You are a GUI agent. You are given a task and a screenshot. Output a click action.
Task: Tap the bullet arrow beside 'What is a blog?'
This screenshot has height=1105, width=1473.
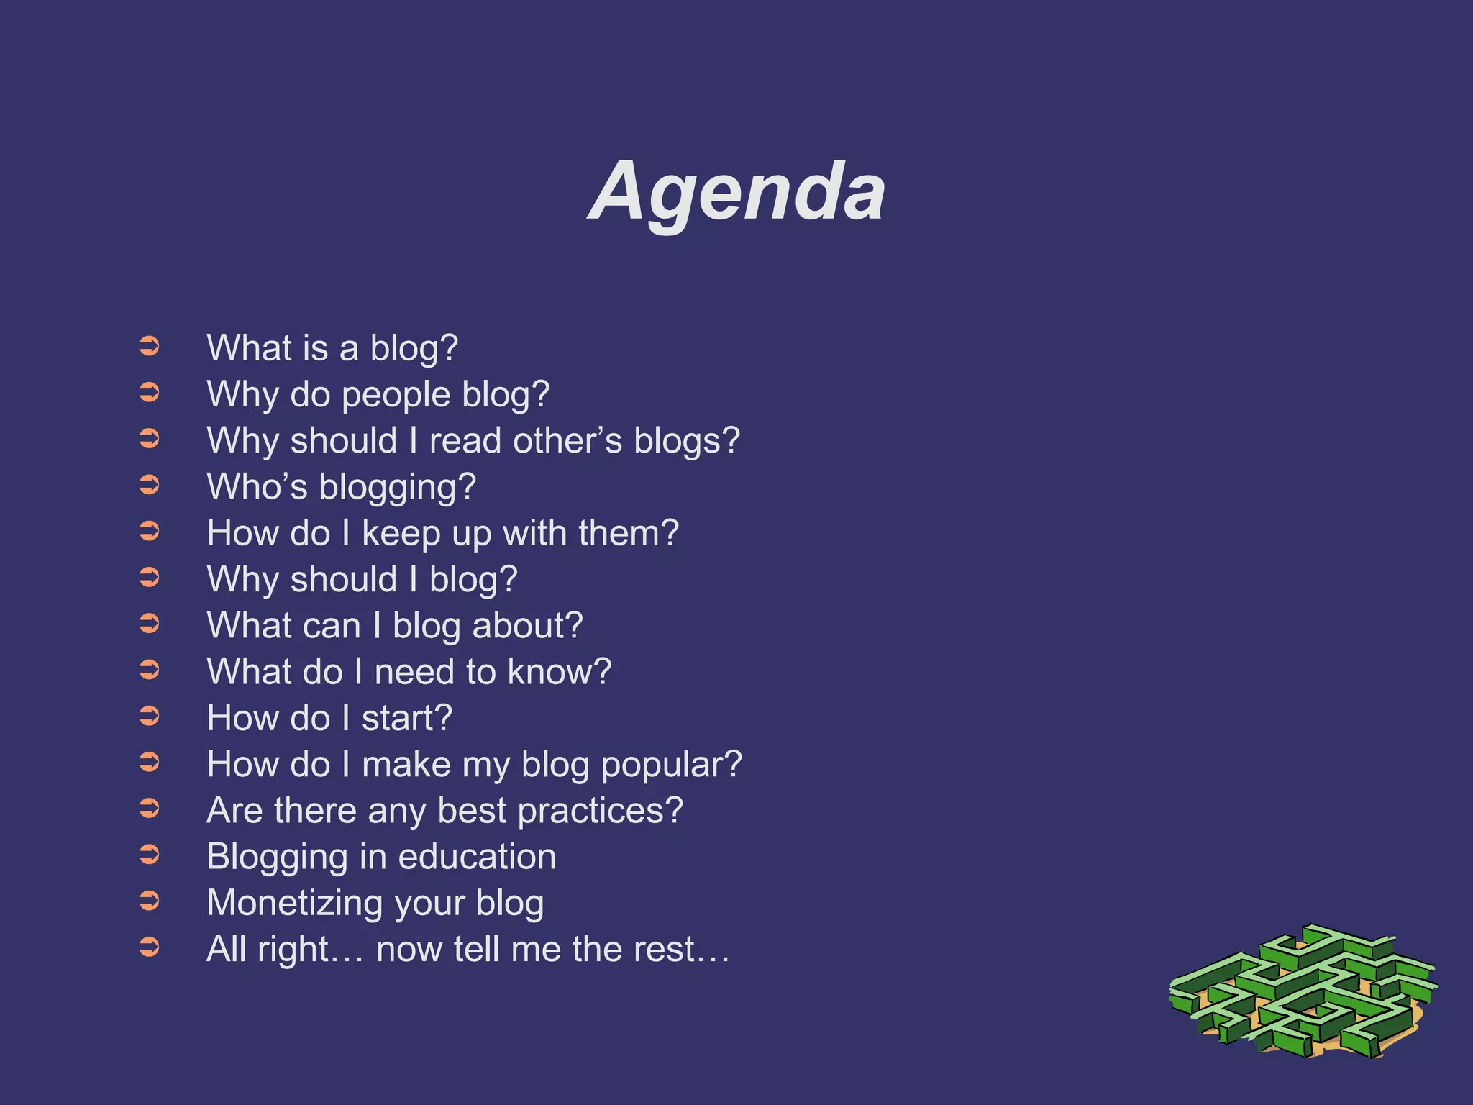coord(149,347)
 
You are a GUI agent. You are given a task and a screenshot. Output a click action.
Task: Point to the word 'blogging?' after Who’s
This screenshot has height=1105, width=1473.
coord(397,488)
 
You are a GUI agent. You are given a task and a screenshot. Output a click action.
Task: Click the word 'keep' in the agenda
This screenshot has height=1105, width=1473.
coord(401,534)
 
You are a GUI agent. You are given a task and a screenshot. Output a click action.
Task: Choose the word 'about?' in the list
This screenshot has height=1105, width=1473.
coord(527,626)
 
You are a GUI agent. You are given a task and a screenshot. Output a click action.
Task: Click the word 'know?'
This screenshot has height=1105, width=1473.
coord(560,672)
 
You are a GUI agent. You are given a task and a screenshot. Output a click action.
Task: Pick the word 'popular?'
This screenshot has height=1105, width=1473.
coord(671,765)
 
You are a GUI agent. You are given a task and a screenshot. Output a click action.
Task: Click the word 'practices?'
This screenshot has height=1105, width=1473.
coord(600,811)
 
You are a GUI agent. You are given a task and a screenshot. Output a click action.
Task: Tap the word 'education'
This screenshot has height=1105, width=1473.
coord(477,857)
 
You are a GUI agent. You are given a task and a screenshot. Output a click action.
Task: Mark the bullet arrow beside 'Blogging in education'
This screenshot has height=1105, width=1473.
coord(149,855)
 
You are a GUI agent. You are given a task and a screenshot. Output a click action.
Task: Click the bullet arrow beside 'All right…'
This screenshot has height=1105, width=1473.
coord(149,947)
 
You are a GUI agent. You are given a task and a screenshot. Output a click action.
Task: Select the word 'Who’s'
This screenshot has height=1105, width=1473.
coord(257,487)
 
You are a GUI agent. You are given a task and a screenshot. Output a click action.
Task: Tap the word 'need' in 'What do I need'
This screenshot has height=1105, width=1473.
coord(414,672)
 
